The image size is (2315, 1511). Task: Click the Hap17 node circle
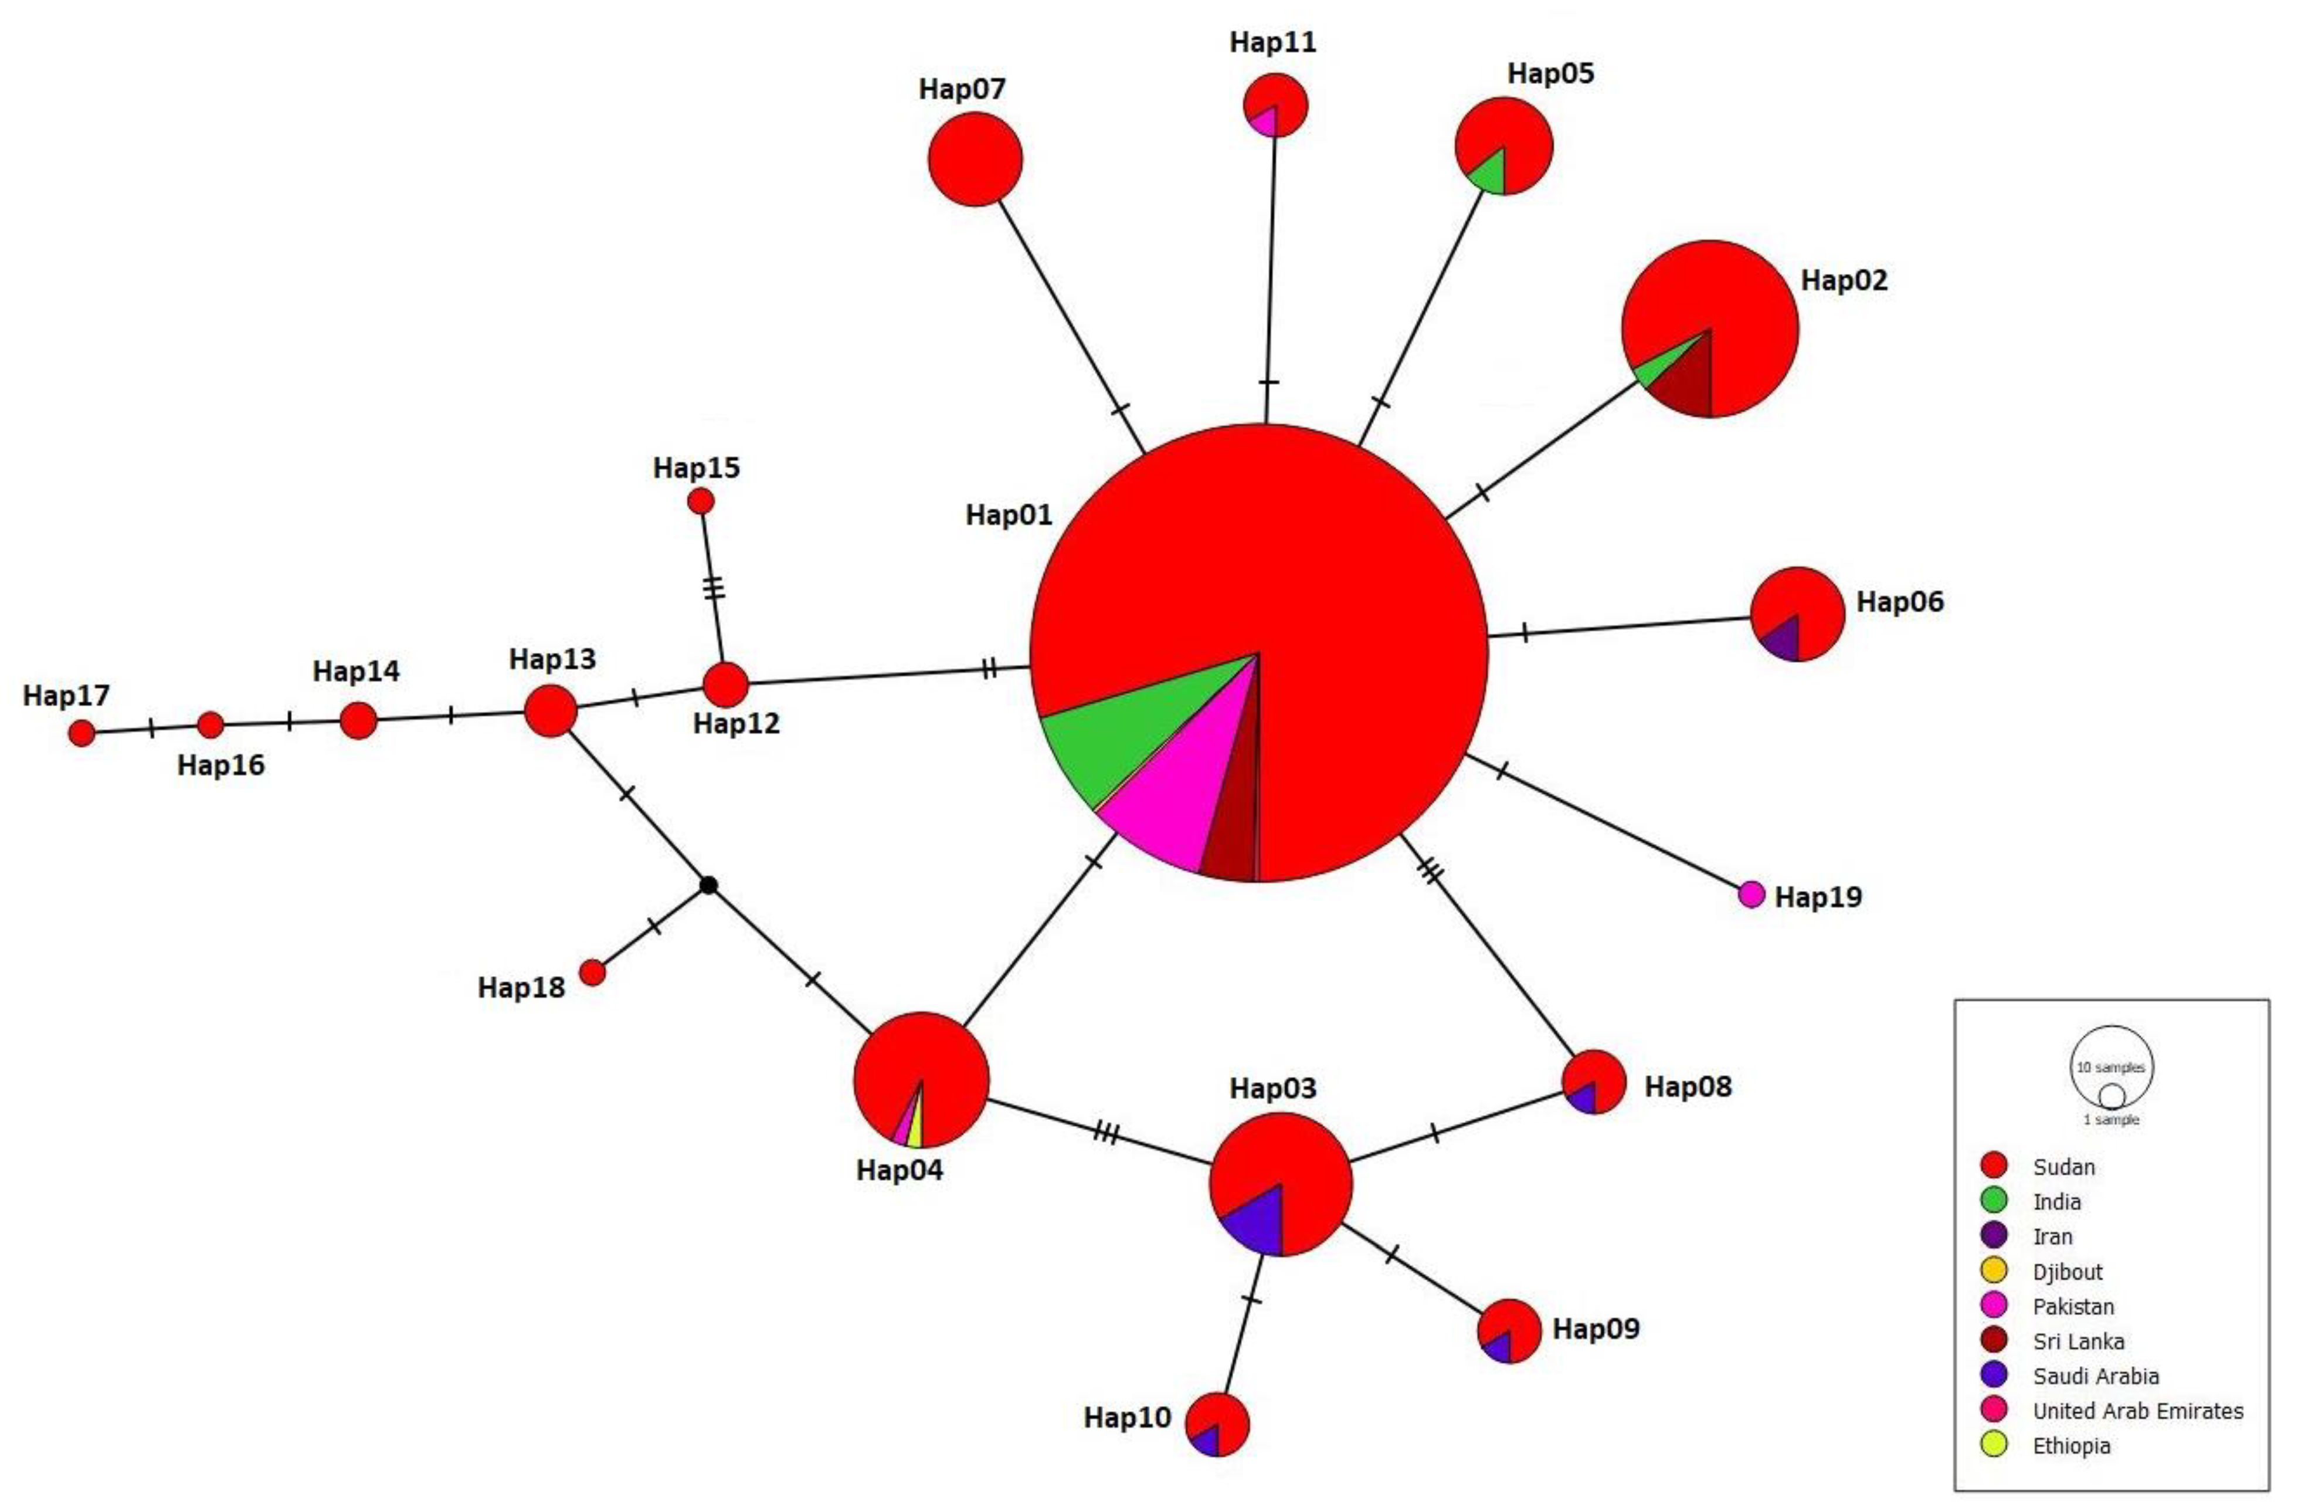[x=82, y=733]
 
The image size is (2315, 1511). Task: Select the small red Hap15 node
[x=700, y=501]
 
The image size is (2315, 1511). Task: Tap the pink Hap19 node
[x=1751, y=894]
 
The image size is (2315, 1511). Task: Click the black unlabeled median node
[x=709, y=885]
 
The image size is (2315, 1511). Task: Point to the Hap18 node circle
[x=592, y=972]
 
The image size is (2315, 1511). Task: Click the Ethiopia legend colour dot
[x=1994, y=1445]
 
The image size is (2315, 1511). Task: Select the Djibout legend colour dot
[x=1994, y=1270]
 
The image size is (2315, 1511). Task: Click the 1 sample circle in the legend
[x=2111, y=1096]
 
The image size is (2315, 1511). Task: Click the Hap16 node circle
[x=210, y=725]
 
